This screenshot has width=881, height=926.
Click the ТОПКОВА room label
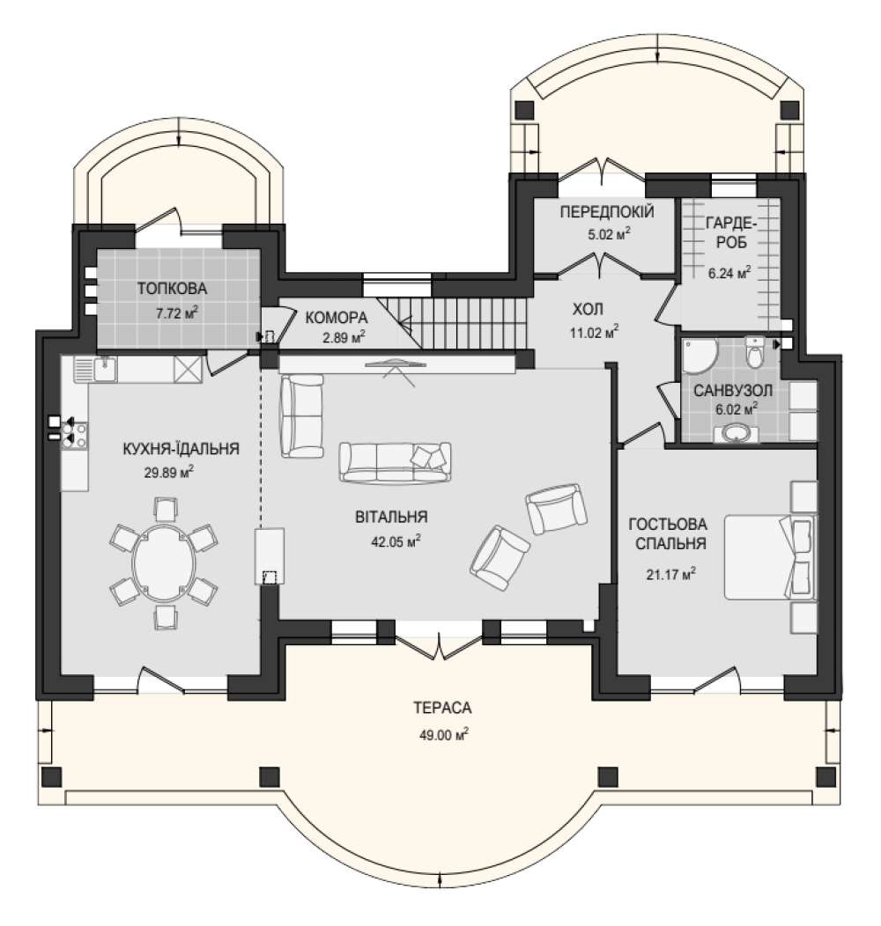172,289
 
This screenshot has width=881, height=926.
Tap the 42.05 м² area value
396,541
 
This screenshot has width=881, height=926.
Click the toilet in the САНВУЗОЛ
754,353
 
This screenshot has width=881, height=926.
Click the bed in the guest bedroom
769,557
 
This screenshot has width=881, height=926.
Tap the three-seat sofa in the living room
395,463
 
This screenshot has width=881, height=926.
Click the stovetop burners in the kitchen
75,434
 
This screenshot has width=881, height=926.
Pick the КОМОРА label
337,318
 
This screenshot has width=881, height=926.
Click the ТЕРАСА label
442,707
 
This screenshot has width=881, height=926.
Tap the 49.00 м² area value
444,735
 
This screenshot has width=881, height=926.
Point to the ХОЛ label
588,309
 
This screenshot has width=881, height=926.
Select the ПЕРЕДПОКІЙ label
607,211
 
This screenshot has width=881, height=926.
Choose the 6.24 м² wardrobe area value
729,273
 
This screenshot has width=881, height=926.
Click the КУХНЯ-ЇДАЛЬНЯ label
181,449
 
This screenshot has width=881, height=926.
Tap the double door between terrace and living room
439,644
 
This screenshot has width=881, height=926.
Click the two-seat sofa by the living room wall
302,415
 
